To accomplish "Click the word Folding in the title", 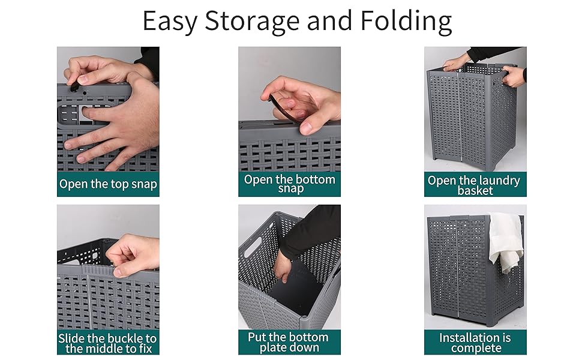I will (406, 22).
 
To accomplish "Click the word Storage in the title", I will (252, 22).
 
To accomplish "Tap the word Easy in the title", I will (170, 22).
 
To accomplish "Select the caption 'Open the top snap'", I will (108, 184).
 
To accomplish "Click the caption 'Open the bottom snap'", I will (289, 184).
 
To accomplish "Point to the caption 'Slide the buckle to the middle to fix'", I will (108, 343).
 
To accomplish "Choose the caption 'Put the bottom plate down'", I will (289, 342).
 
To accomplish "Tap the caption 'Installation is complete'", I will (475, 343).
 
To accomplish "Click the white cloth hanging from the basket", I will (506, 243).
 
